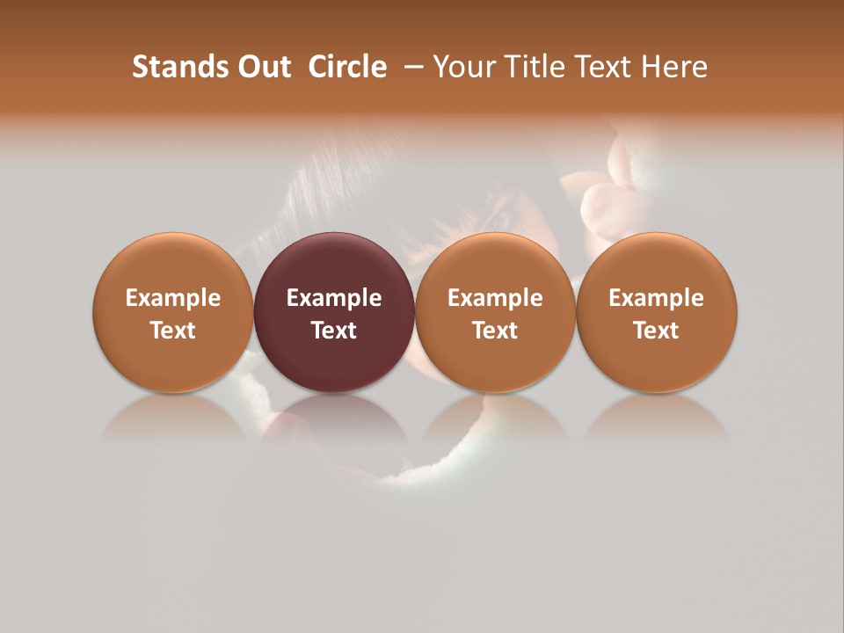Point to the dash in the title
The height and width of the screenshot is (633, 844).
[x=411, y=67]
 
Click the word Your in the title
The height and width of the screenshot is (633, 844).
[x=465, y=67]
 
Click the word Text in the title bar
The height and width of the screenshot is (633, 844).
[x=605, y=67]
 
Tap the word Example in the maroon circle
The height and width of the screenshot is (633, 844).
[x=333, y=298]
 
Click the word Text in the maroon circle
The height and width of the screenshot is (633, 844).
[x=333, y=331]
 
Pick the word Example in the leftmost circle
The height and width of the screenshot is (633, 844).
[x=172, y=298]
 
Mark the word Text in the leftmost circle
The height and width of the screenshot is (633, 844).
[x=172, y=331]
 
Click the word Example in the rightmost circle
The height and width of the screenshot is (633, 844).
[x=656, y=298]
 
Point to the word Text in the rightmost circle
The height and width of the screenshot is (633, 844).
[x=656, y=331]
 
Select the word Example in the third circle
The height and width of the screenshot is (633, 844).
[x=495, y=298]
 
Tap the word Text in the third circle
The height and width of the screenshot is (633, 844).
[x=495, y=331]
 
